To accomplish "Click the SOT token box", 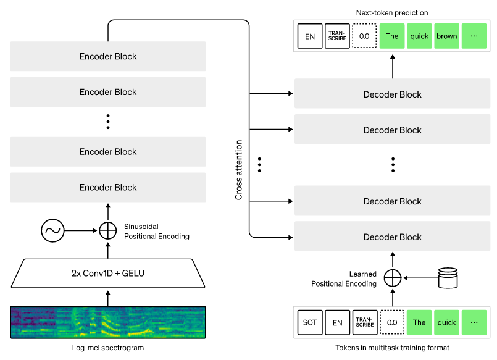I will (310, 322).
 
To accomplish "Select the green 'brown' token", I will (447, 36).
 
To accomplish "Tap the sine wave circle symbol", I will (53, 231).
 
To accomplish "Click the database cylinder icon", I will (449, 277).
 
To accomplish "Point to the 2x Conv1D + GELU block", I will (108, 273).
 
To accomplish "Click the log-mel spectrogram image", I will (108, 322).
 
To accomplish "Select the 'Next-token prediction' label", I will (393, 12).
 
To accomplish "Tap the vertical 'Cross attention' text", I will (239, 170).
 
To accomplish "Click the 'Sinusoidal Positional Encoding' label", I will (157, 232).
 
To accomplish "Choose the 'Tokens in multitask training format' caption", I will (393, 348).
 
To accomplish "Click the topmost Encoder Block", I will (108, 56).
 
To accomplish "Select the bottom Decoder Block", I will (393, 237).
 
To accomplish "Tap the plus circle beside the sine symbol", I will (108, 231).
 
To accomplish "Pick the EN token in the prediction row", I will (310, 36).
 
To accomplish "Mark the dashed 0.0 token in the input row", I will (391, 322).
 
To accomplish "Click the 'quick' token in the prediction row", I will (420, 36).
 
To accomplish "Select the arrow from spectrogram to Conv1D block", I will (108, 297).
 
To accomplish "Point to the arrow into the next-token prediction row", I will (393, 65).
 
